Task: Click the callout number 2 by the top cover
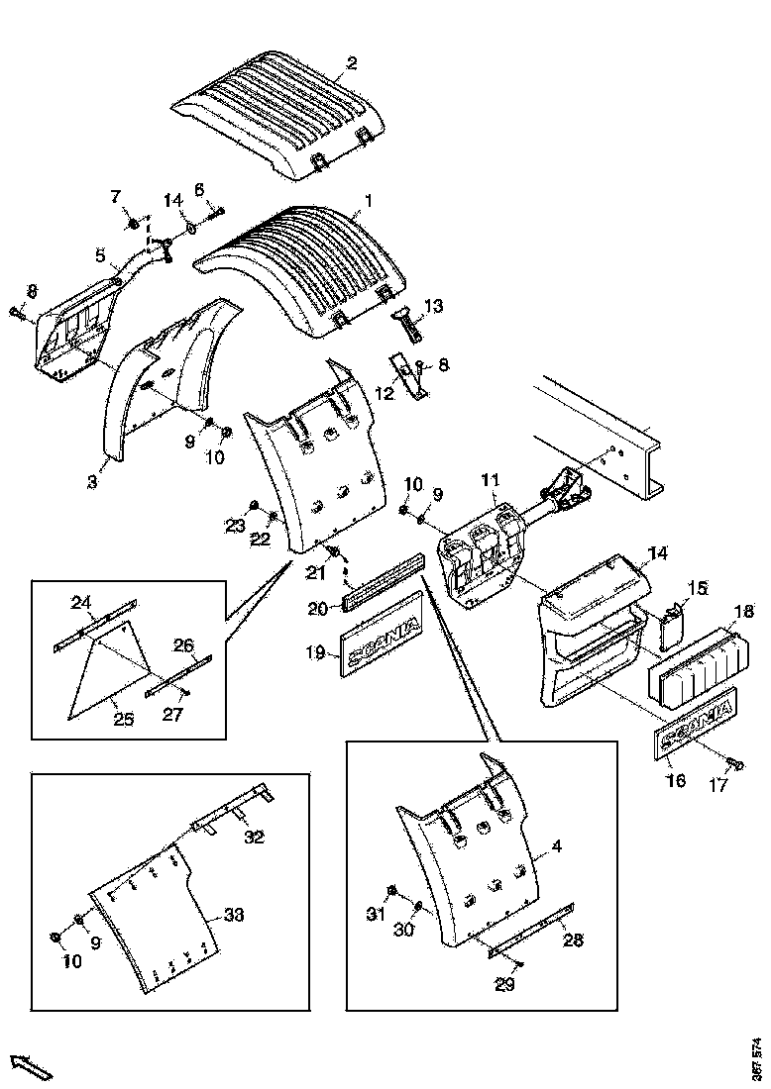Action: (x=351, y=65)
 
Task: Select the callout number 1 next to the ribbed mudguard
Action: (x=368, y=201)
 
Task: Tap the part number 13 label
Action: (x=433, y=304)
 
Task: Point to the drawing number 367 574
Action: (x=757, y=1058)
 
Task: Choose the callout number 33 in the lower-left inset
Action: (x=234, y=915)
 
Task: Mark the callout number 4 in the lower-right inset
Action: (x=556, y=847)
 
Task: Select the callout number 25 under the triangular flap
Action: (x=123, y=720)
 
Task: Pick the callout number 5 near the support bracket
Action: (x=100, y=255)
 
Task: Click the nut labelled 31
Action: (x=390, y=890)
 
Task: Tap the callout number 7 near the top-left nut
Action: (x=115, y=194)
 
